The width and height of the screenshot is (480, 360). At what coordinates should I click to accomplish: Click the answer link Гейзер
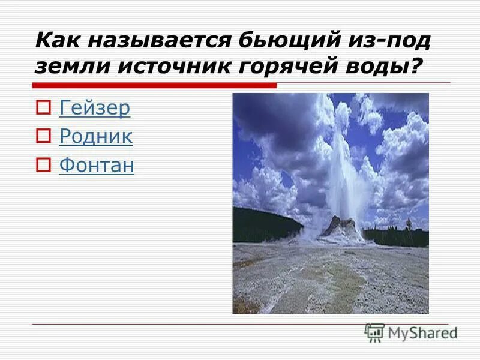(x=95, y=108)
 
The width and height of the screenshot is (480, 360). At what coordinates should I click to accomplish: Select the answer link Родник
(x=96, y=137)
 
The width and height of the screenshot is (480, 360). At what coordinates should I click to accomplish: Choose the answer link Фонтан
(x=97, y=166)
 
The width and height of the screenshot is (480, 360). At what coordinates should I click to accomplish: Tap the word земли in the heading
(x=65, y=66)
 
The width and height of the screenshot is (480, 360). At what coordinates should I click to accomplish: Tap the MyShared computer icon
(x=374, y=332)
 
